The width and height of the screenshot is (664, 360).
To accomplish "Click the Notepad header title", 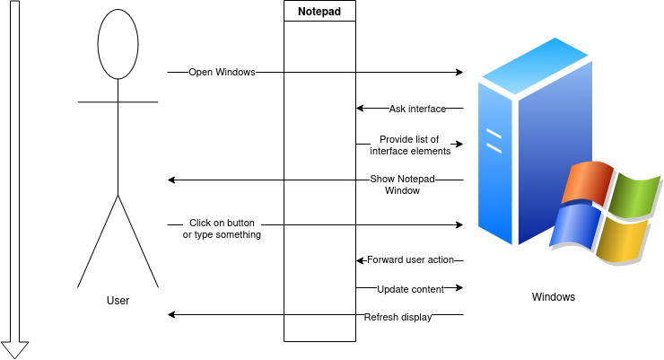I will click(x=319, y=11).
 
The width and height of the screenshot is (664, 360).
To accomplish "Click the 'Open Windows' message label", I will click(x=223, y=72).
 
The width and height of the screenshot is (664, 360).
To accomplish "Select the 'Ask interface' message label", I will click(x=417, y=109).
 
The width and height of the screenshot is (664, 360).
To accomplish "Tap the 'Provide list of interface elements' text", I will click(x=409, y=145).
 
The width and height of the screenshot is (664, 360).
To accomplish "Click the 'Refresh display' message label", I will click(x=398, y=317).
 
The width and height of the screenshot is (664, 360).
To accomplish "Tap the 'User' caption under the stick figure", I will click(x=118, y=301).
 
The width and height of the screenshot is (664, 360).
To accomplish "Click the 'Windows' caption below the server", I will click(x=554, y=297).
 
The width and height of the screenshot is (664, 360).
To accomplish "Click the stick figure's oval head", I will click(x=118, y=45).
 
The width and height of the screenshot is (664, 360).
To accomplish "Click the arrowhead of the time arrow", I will click(x=14, y=350).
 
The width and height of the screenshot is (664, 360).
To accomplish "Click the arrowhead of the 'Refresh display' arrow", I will click(x=172, y=315).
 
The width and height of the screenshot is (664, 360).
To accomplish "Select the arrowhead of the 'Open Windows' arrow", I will click(x=459, y=72).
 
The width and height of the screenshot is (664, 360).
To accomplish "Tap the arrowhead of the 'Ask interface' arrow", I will click(x=360, y=109).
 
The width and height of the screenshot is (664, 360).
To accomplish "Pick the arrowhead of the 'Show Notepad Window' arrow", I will click(x=172, y=180).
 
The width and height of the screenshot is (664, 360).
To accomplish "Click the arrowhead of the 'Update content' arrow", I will click(x=459, y=288).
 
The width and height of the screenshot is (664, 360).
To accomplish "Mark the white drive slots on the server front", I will click(x=494, y=139).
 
